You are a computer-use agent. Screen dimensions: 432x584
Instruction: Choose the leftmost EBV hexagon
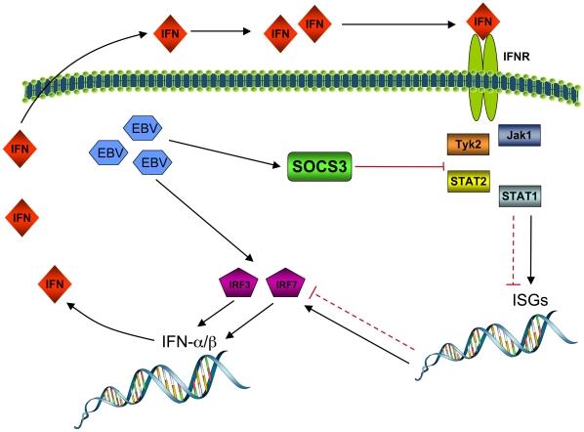[105, 152]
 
